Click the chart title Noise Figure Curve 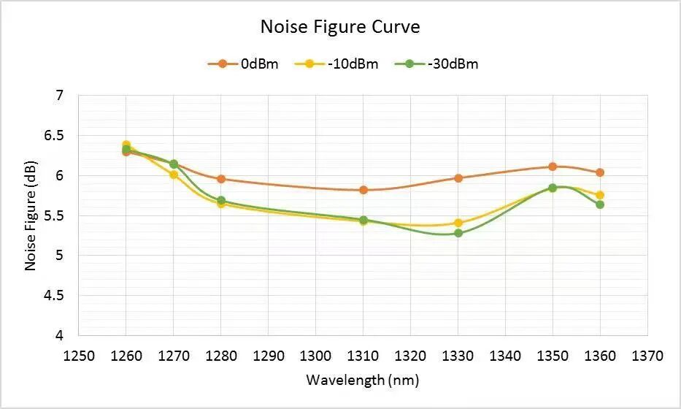point(340,27)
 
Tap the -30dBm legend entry point(437,64)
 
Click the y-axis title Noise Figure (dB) point(31,217)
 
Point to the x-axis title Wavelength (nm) point(363,381)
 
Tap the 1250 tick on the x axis point(79,356)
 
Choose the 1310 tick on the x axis point(363,356)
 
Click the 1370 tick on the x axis point(647,356)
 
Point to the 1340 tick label point(505,356)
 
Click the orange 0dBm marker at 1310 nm point(363,190)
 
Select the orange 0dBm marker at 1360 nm point(600,172)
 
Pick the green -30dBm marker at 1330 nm point(458,233)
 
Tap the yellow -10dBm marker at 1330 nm point(458,223)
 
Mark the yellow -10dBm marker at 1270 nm point(174,175)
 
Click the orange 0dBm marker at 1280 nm point(221,179)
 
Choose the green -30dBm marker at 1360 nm point(600,204)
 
